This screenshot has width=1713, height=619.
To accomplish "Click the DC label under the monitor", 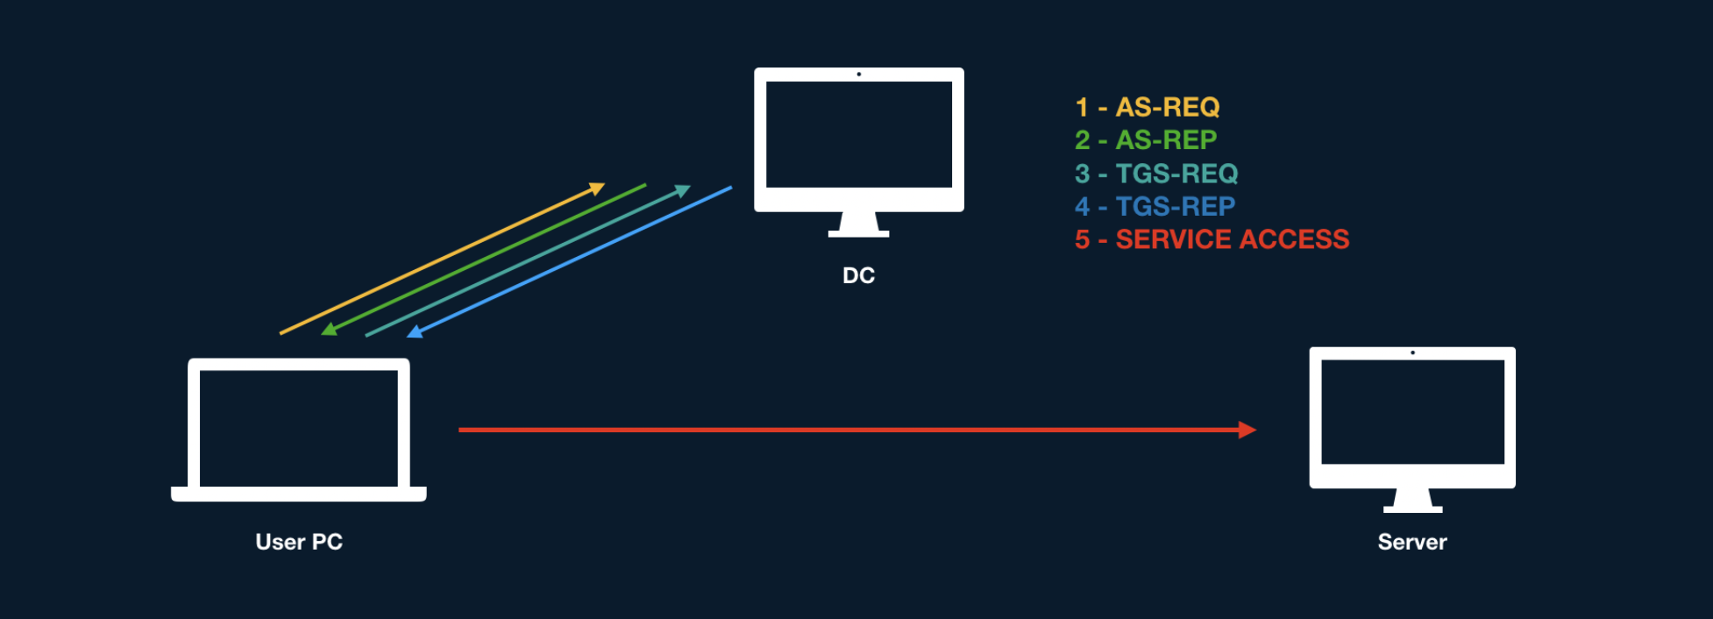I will (858, 275).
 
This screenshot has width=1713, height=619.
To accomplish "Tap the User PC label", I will (299, 542).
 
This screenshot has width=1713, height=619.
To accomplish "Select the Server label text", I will (1411, 542).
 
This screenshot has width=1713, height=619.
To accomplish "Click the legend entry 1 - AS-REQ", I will (1147, 107).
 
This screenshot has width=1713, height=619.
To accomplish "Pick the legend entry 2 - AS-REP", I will (1145, 139).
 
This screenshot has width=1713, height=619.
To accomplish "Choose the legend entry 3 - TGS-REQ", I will (1155, 174).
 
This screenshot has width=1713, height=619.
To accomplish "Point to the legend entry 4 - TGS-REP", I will (1155, 206).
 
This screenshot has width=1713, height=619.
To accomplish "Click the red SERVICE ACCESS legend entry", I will (1212, 239).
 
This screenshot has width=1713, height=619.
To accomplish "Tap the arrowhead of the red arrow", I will (1247, 430).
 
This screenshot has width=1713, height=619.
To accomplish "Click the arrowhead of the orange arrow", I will (597, 188).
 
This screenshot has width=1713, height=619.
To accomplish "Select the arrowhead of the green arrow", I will (329, 330).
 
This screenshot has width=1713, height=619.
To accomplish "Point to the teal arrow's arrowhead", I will (682, 190).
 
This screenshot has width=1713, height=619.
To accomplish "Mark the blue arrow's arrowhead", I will (415, 332).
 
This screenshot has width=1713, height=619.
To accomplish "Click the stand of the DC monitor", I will (858, 224).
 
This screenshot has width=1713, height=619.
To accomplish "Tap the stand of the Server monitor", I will (1412, 501).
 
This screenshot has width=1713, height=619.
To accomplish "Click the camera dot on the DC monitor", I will (858, 75).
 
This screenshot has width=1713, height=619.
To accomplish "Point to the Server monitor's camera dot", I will (1412, 352).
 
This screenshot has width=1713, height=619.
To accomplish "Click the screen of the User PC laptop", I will (299, 428).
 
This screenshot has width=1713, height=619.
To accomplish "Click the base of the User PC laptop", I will (299, 494).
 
